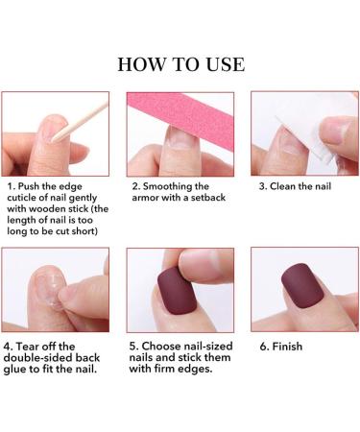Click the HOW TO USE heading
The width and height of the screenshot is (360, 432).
pyautogui.click(x=180, y=64)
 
